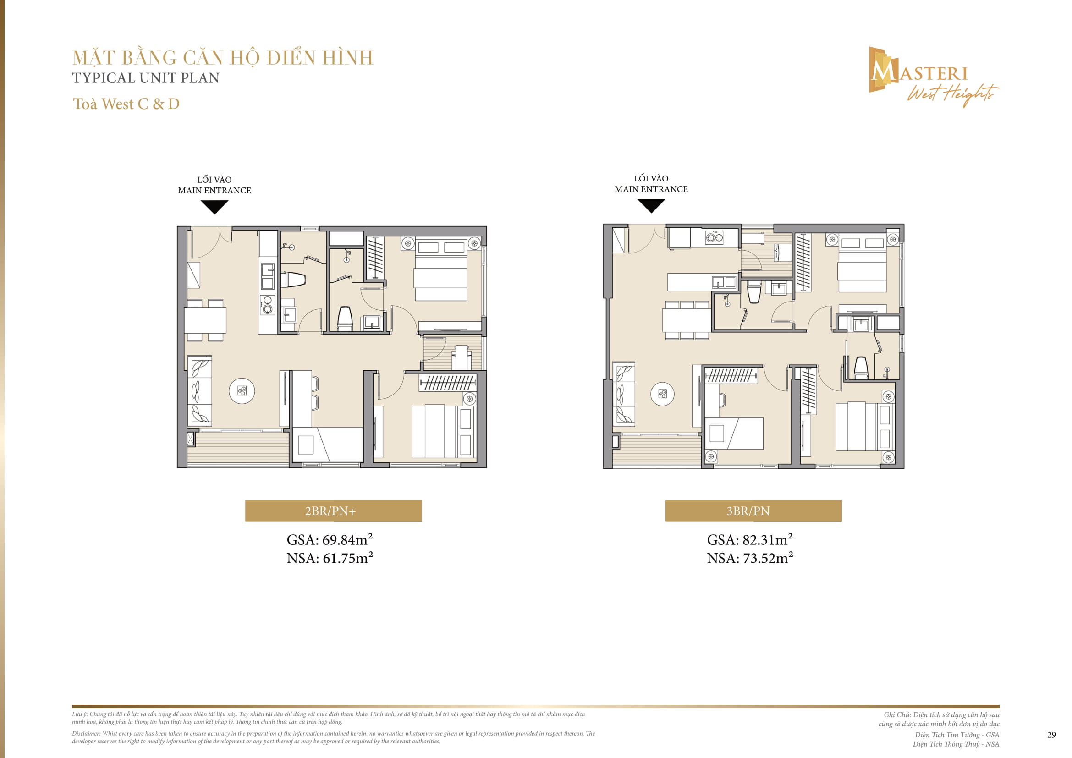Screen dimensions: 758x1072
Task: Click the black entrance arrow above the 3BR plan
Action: click(x=651, y=205)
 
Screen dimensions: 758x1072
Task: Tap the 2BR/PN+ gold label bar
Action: click(x=333, y=511)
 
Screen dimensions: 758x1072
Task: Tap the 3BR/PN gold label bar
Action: click(x=753, y=511)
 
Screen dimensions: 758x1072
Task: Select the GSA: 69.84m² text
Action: click(x=330, y=539)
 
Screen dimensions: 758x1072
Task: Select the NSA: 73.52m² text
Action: click(x=750, y=558)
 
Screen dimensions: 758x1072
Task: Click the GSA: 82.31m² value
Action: click(x=750, y=539)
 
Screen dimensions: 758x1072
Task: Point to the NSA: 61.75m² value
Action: click(x=330, y=558)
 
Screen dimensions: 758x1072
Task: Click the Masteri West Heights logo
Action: click(x=932, y=77)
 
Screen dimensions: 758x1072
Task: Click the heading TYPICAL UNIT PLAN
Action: click(x=146, y=78)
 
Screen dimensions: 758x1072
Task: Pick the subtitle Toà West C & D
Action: click(x=126, y=104)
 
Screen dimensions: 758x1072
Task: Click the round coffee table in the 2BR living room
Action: click(x=242, y=391)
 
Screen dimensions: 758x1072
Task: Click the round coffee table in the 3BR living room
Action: click(x=662, y=394)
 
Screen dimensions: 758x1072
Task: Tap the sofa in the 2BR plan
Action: click(x=200, y=391)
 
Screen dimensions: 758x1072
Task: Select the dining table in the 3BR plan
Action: click(x=687, y=320)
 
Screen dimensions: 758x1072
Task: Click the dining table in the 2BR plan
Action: click(x=205, y=320)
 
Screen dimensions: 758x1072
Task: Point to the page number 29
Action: click(x=1051, y=735)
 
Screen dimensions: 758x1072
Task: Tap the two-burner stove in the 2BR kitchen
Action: click(x=268, y=304)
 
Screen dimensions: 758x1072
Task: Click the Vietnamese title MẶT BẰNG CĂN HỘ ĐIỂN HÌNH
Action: click(x=223, y=58)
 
